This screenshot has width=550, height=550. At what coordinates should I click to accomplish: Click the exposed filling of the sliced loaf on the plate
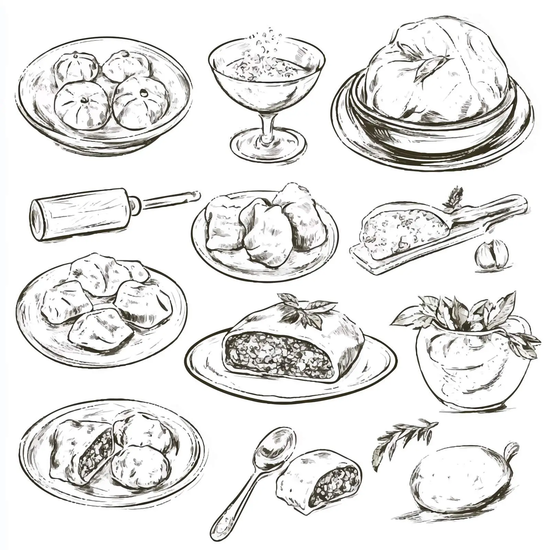pyautogui.click(x=278, y=354)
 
